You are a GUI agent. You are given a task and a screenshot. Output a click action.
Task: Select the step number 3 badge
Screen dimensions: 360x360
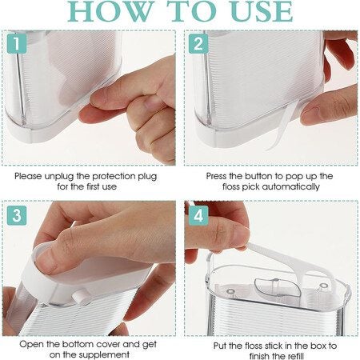pyautogui.click(x=16, y=214)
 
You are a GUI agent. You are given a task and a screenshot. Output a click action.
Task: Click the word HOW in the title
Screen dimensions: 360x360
pyautogui.click(x=111, y=11)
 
